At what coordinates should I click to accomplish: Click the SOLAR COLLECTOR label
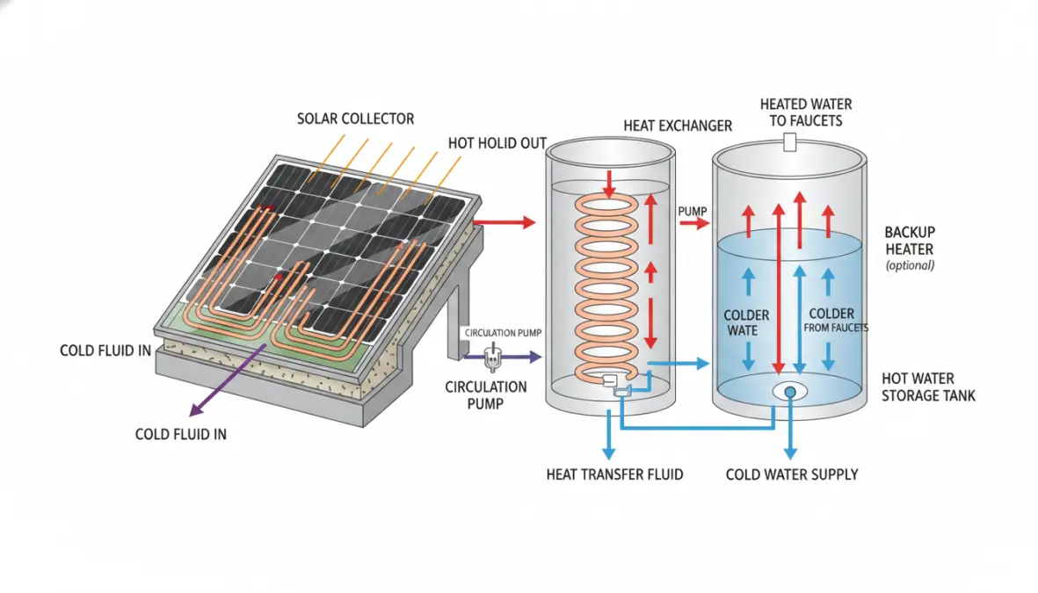(355, 119)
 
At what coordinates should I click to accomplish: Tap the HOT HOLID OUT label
(497, 143)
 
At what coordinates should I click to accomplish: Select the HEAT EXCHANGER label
(678, 126)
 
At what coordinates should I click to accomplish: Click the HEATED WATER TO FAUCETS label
(806, 112)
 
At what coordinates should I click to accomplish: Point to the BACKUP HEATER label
(910, 241)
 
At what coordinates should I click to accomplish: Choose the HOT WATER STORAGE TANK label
(928, 387)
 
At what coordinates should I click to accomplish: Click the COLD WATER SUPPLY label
(792, 474)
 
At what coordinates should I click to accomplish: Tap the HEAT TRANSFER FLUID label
(614, 474)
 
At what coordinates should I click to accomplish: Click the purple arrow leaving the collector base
(228, 380)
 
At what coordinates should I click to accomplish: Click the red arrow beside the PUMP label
(694, 224)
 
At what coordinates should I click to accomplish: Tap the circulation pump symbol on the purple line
(492, 358)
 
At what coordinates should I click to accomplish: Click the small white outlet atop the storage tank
(789, 141)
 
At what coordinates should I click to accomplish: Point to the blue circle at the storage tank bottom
(790, 393)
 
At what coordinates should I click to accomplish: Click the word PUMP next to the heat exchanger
(693, 211)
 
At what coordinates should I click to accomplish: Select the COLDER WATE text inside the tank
(746, 323)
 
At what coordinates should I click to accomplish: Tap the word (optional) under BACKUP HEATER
(911, 266)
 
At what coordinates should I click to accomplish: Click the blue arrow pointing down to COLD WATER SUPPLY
(790, 430)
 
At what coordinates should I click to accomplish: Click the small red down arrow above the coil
(609, 184)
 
